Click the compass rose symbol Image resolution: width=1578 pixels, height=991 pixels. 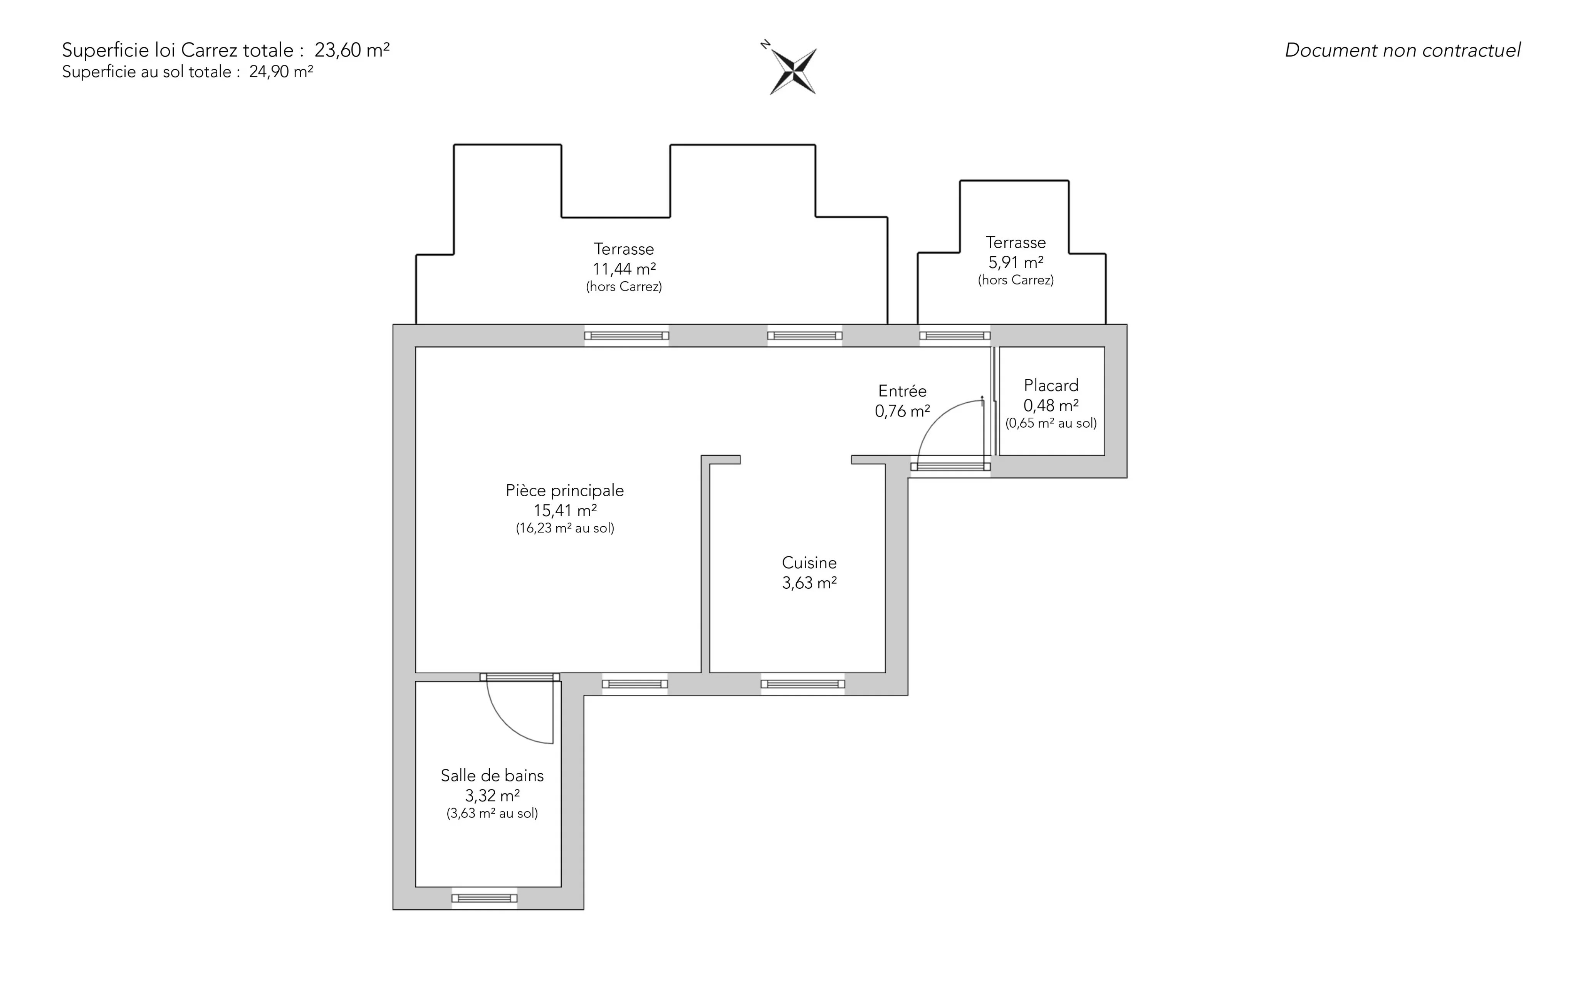(793, 71)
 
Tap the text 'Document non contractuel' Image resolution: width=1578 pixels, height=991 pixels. (1402, 50)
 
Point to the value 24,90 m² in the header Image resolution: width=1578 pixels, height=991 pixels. (280, 71)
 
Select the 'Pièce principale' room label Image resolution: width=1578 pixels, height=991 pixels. (565, 490)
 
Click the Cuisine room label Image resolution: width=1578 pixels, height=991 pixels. (809, 563)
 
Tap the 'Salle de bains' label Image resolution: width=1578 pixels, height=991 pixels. (492, 775)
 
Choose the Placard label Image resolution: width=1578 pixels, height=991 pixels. (1051, 385)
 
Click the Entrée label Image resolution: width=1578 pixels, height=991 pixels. (902, 391)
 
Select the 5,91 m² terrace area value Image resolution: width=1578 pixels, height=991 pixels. (1016, 262)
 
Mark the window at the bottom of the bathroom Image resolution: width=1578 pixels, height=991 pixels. (484, 898)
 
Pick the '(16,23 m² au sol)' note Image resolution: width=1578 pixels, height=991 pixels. (565, 528)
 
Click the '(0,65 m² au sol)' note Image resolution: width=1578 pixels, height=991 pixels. (1051, 423)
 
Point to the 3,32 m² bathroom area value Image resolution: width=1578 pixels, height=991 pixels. (492, 796)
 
